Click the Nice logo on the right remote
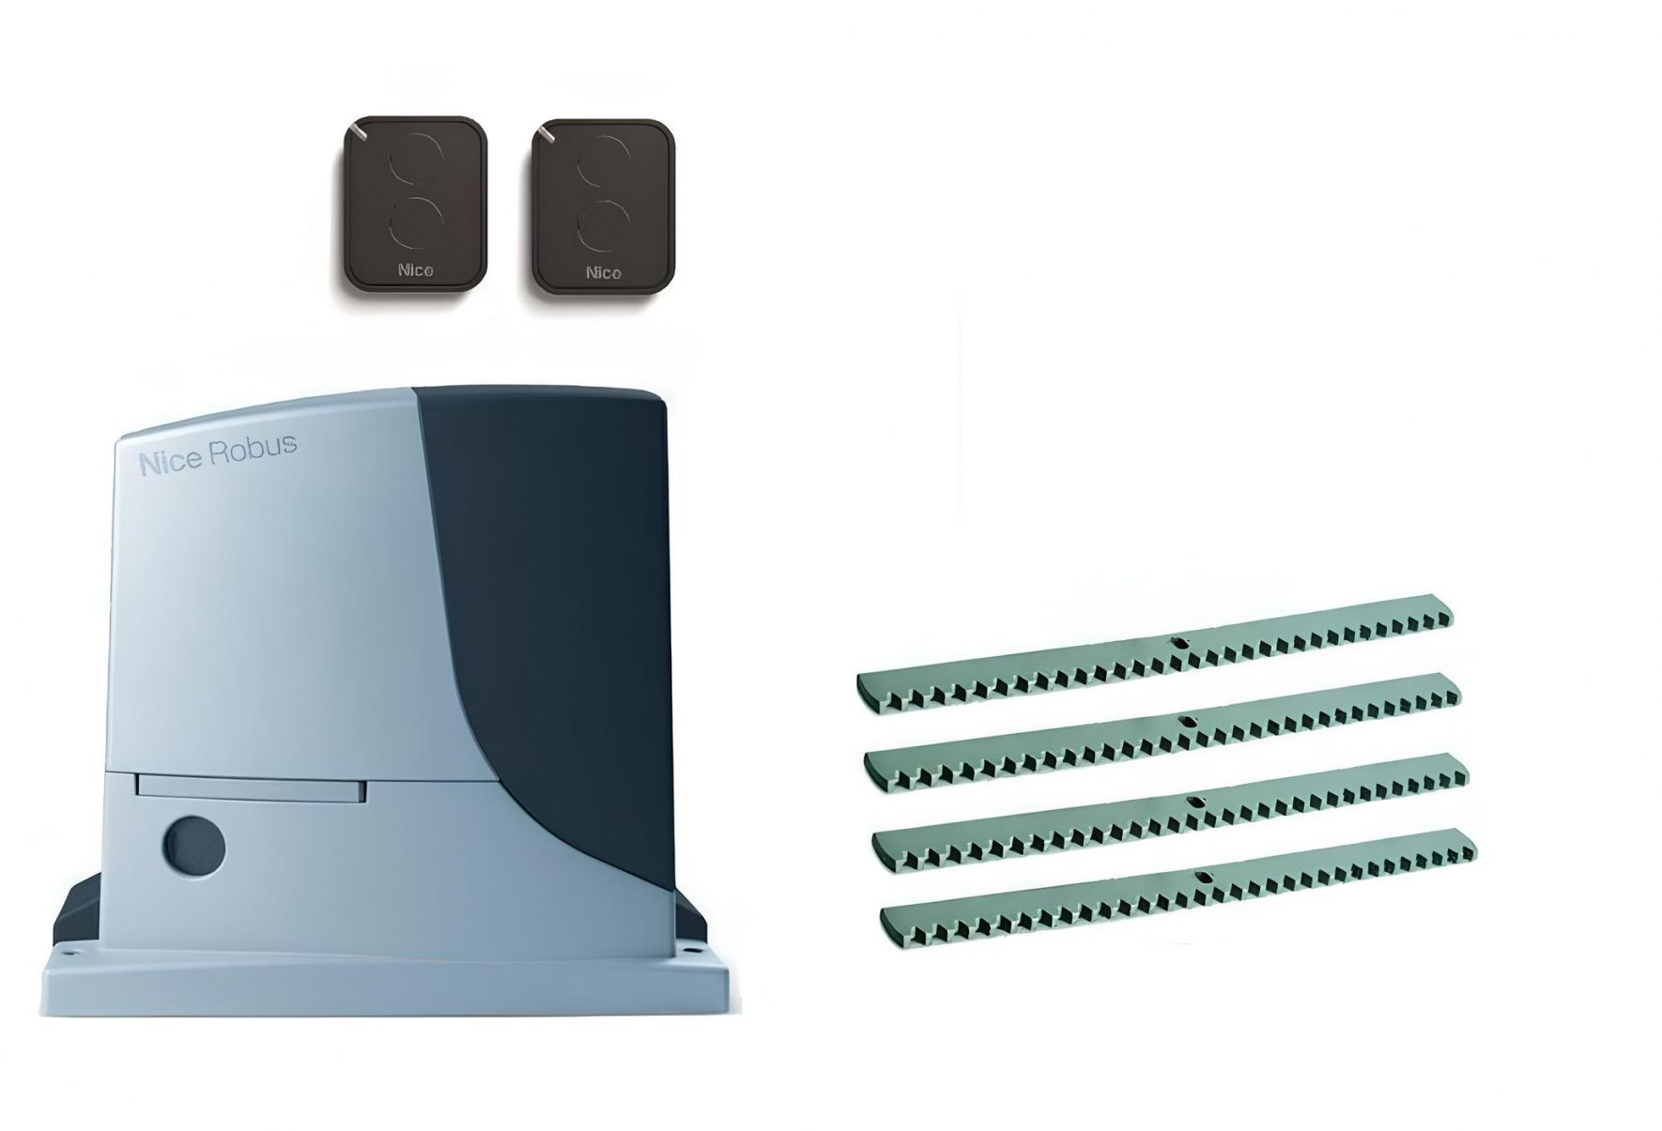click(x=604, y=273)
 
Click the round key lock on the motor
click(x=193, y=841)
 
